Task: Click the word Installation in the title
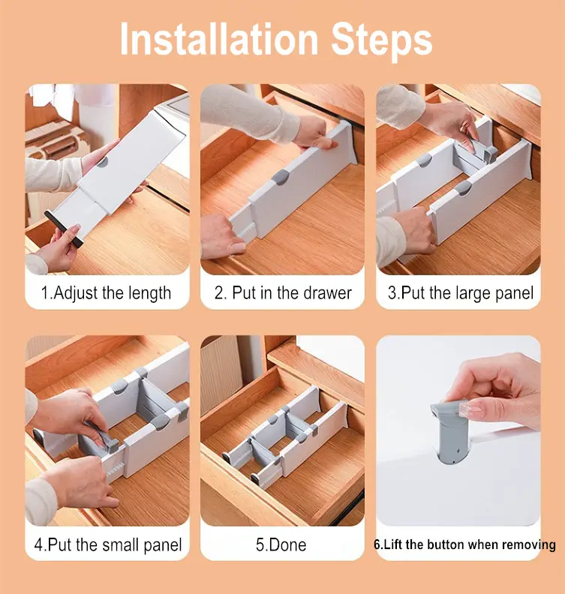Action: pos(219,40)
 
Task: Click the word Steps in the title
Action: pos(382,40)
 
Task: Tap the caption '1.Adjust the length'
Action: pos(106,293)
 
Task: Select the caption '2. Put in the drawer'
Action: pos(283,292)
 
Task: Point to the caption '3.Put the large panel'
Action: pos(461,293)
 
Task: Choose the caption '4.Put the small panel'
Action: pos(108,544)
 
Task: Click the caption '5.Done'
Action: pos(281,544)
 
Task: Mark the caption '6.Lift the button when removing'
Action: pos(464,544)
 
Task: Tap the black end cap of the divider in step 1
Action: pos(64,229)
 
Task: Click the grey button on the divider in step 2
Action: pos(281,177)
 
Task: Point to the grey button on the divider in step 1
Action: pos(102,162)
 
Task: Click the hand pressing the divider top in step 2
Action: pos(314,133)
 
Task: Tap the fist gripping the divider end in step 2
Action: pos(221,237)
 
